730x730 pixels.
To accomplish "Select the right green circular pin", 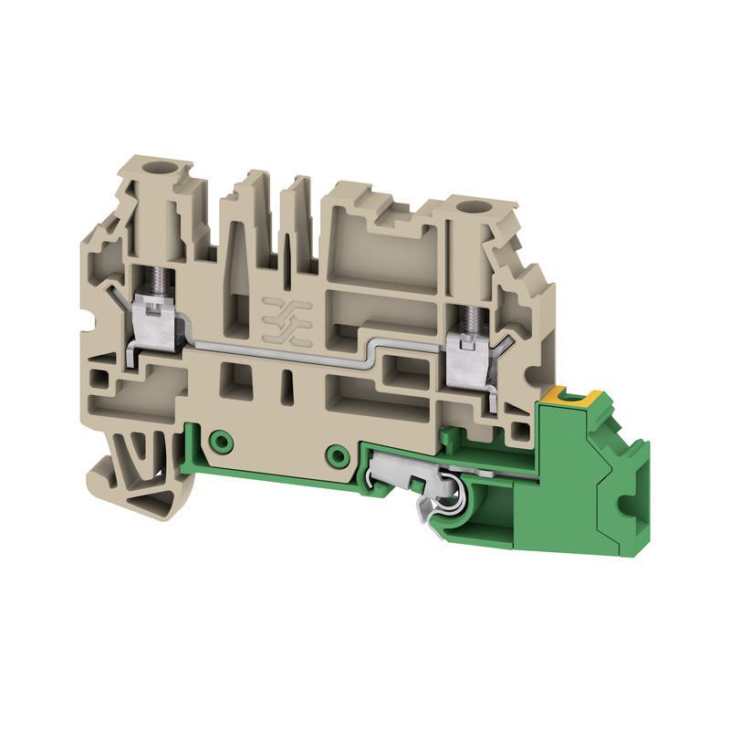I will click(x=338, y=454).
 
